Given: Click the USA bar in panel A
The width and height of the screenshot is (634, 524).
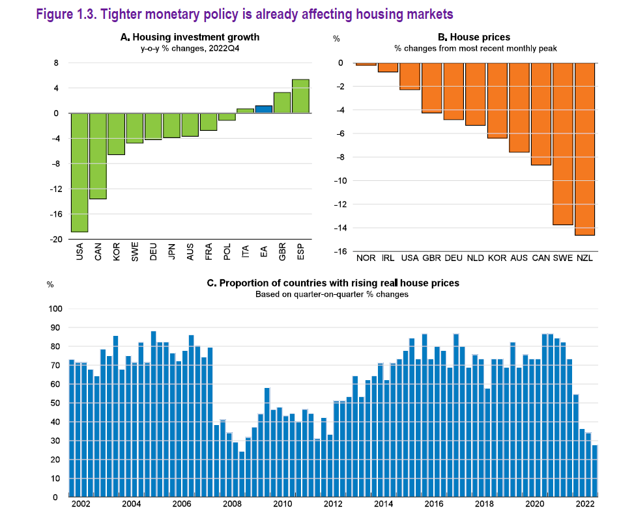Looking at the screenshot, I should pos(79,172).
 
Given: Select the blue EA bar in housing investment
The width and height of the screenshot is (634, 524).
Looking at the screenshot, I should pos(264,109).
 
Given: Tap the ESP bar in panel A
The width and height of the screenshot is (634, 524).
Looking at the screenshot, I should pos(300,96).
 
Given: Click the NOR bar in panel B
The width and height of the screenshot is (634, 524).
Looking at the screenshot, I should pos(366,64).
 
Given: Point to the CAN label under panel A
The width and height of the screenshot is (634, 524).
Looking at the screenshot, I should pos(98,251).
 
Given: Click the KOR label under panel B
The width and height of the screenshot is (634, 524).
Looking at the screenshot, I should pos(497,259).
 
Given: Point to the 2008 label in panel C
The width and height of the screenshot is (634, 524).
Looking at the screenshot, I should pos(231,504).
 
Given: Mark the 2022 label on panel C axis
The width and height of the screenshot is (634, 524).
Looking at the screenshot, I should pos(585,504).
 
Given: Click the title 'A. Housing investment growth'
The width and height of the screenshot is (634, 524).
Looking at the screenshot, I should pos(190,38).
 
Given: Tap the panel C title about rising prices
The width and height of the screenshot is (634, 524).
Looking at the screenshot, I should pos(333,283).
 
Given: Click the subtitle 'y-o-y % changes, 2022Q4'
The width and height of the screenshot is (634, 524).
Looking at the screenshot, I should pos(190,49).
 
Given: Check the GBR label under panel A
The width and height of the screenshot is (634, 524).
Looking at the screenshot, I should pos(282,251).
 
